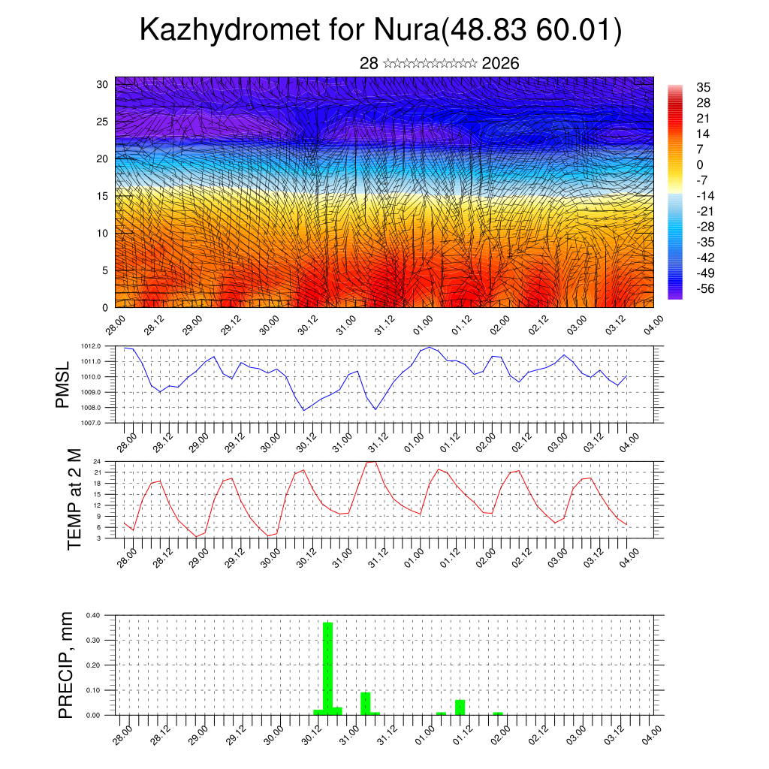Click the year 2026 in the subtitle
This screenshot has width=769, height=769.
click(500, 63)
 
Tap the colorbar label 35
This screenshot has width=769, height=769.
click(704, 88)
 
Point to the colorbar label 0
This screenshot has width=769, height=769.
click(700, 165)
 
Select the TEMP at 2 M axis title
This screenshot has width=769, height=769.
click(74, 499)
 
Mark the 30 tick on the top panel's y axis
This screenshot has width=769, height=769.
click(103, 84)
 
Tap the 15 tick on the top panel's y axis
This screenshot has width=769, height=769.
click(103, 196)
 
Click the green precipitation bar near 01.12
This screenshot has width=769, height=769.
click(460, 707)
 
